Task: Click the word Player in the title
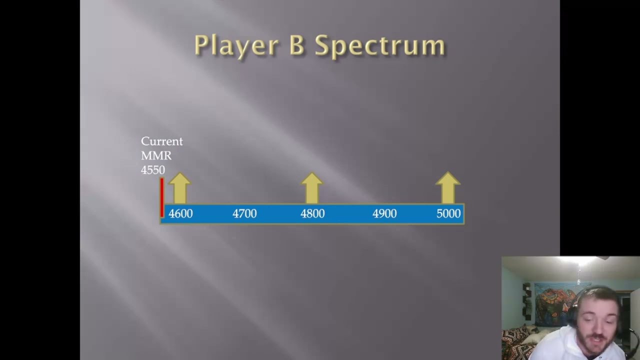[x=236, y=46]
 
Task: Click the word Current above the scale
[x=161, y=141]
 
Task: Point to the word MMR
[x=156, y=156]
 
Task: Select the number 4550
[x=152, y=170]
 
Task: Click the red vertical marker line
[x=162, y=197]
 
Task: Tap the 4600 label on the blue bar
[x=180, y=214]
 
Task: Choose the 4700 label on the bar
[x=244, y=214]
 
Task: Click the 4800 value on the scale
[x=312, y=214]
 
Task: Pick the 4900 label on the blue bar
[x=384, y=214]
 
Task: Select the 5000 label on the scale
[x=448, y=214]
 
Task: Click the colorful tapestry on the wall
[x=552, y=302]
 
